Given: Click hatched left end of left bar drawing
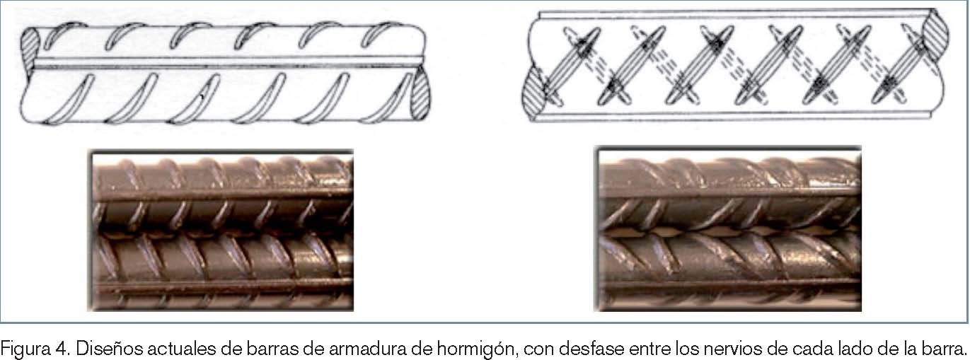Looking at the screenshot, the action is [x=31, y=52].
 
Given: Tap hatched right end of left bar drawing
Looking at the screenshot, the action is [x=420, y=95].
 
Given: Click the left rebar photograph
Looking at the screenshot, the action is [x=221, y=230].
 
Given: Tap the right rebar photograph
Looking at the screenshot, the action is [x=728, y=228].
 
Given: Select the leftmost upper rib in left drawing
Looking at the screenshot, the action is [x=63, y=35].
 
